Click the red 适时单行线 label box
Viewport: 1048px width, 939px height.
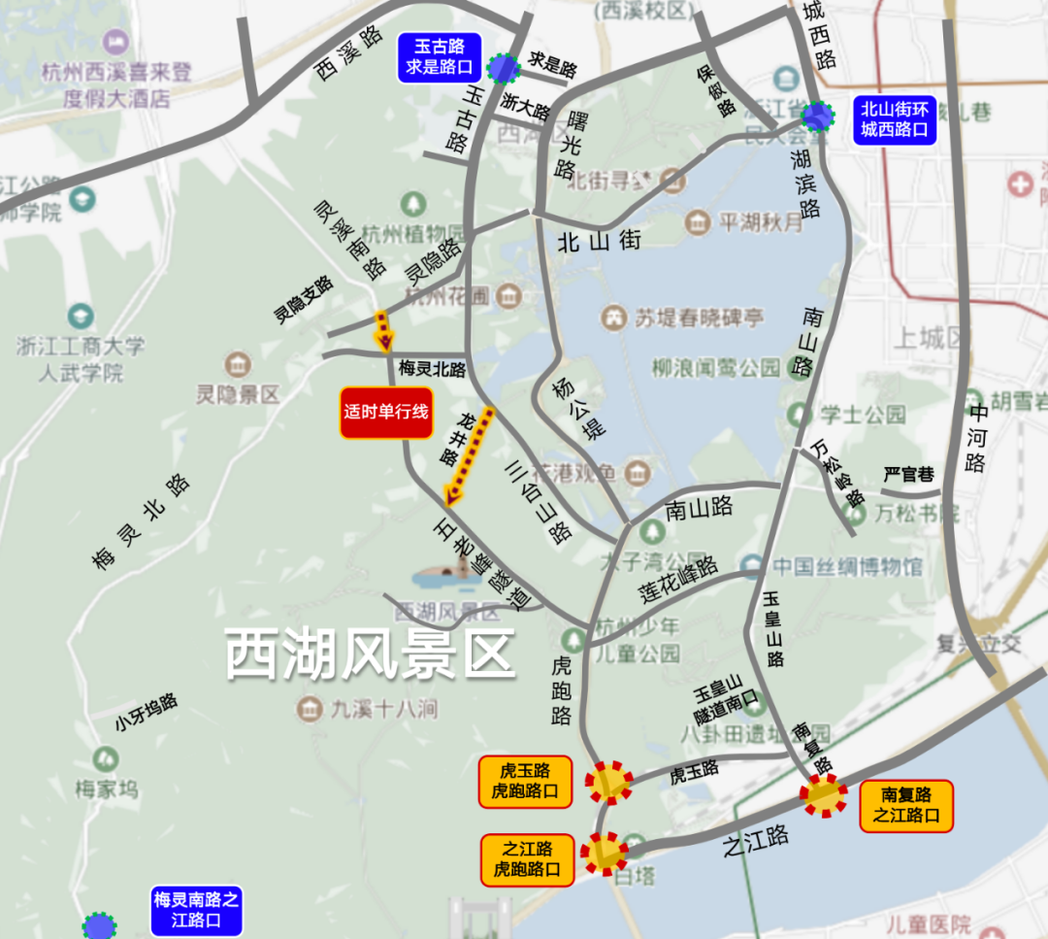point(385,412)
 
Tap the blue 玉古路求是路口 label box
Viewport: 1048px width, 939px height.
point(440,56)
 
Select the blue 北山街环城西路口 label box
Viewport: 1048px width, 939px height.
point(895,119)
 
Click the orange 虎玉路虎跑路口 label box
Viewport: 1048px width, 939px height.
point(525,781)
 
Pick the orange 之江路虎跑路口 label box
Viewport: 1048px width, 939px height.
point(527,858)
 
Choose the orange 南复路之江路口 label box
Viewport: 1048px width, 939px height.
point(906,805)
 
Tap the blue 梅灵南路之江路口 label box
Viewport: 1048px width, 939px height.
point(196,910)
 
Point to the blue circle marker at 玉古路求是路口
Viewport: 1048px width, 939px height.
point(504,68)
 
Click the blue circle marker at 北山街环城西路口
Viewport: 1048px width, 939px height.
point(818,117)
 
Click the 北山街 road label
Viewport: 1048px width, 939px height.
point(599,242)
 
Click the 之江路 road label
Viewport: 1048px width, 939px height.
point(756,841)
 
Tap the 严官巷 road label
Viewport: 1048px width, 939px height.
point(908,475)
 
